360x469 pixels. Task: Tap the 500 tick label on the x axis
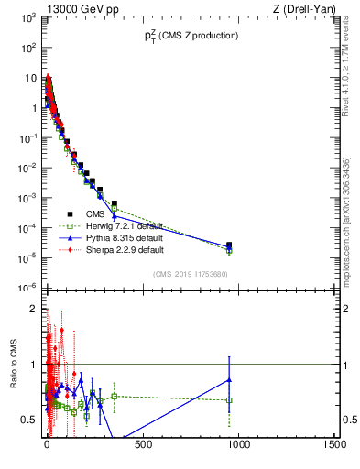click(143, 446)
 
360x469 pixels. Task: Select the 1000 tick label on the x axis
click(239, 446)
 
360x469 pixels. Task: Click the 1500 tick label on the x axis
click(334, 446)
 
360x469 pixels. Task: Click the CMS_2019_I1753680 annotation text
click(191, 274)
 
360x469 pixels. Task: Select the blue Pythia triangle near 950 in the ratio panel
click(229, 379)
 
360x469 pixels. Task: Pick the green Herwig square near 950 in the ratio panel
click(229, 400)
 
